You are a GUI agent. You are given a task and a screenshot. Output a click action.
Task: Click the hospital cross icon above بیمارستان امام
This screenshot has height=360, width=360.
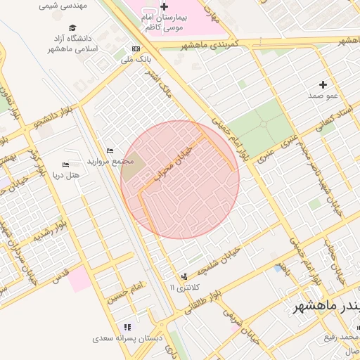(165, 6)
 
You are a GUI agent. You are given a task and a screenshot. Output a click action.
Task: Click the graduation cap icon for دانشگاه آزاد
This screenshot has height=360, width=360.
(73, 27)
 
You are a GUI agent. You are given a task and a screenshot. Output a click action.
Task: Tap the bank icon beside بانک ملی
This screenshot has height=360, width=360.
(136, 49)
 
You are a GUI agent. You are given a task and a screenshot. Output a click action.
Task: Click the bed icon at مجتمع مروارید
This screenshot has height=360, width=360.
(110, 150)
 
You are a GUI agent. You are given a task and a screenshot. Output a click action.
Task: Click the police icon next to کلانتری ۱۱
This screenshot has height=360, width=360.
(184, 276)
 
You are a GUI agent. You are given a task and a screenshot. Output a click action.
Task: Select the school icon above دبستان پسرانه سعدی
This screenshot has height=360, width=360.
(127, 327)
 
